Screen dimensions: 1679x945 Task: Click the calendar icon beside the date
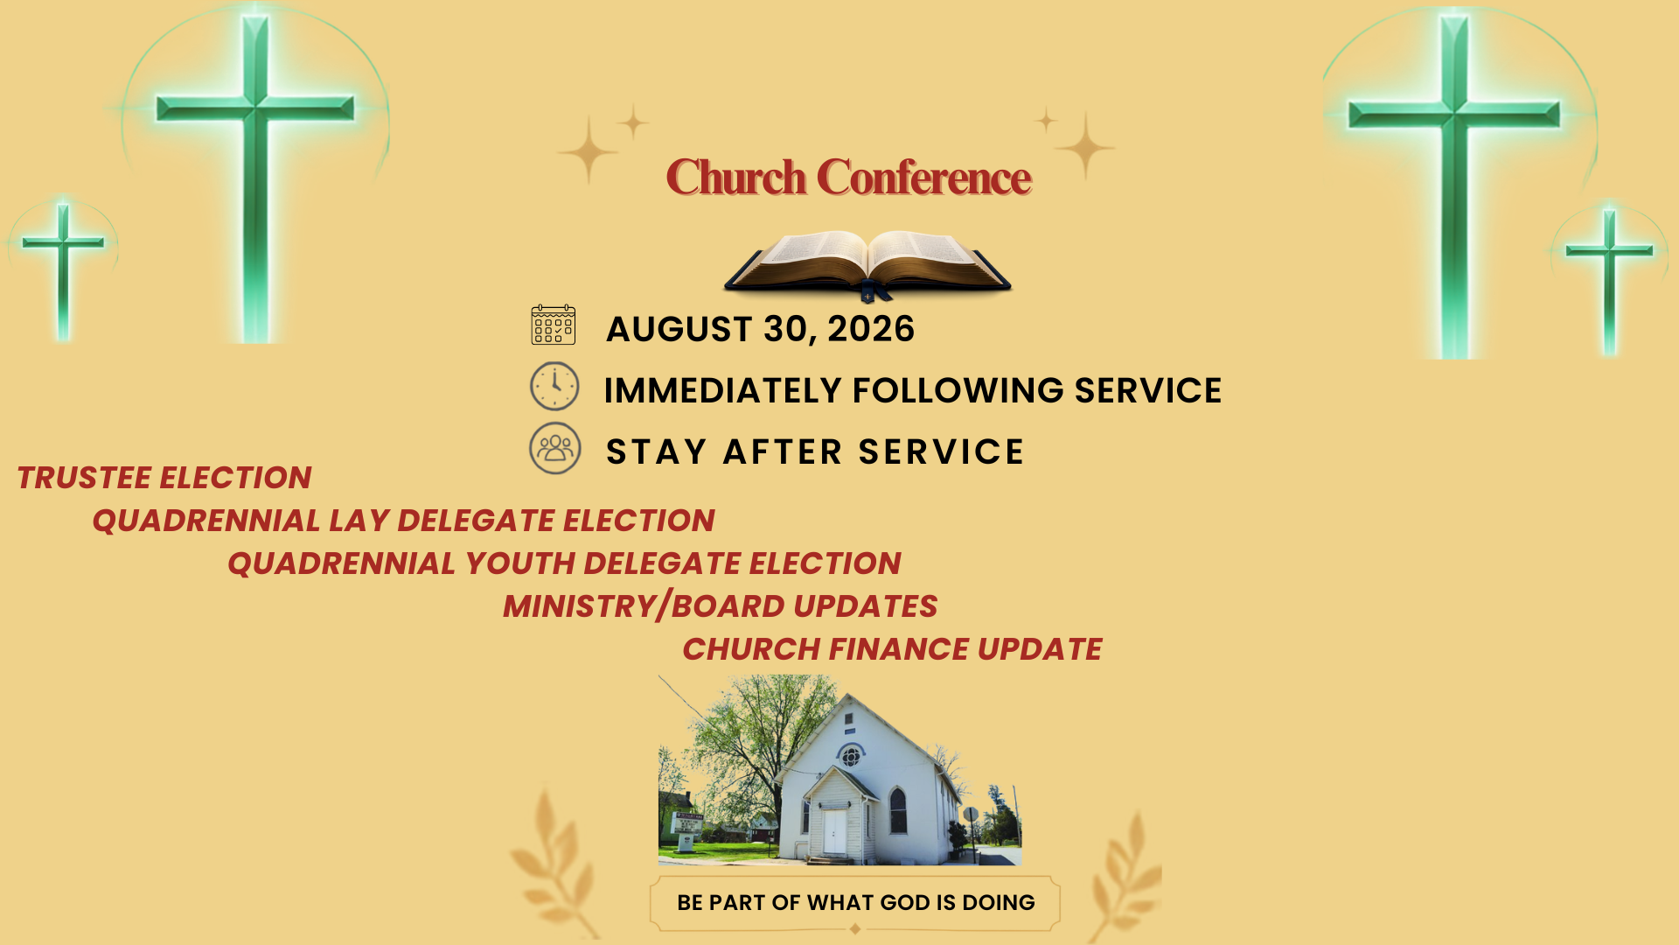pos(554,325)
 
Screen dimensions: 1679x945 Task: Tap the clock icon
pos(554,386)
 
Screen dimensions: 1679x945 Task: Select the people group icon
pos(555,448)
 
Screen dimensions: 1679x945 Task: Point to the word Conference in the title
pos(924,178)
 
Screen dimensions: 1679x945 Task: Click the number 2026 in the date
pos(871,329)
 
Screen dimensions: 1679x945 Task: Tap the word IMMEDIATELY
pos(722,390)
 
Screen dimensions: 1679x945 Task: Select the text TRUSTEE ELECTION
pos(164,478)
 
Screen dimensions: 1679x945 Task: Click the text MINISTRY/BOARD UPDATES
pos(721,606)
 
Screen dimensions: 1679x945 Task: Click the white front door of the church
pos(834,832)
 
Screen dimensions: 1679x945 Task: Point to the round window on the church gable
pos(850,755)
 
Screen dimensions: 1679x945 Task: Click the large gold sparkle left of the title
pos(588,151)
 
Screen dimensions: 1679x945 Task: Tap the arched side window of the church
pos(897,810)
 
